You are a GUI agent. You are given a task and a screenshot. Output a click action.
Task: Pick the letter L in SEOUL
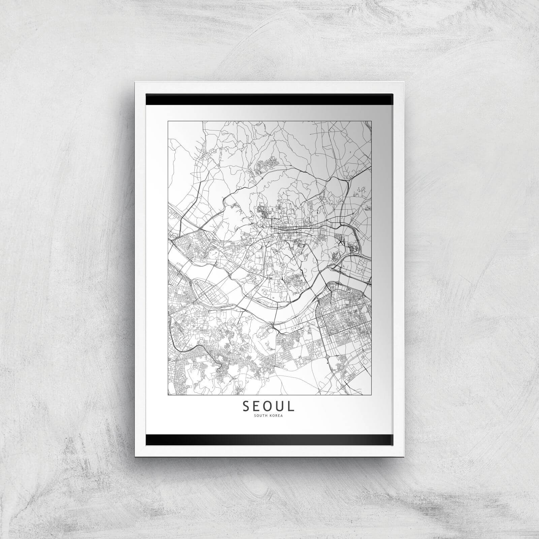pos(291,406)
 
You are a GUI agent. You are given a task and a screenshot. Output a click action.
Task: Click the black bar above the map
pos(269,100)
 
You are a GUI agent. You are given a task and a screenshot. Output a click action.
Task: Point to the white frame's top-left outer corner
pos(135,82)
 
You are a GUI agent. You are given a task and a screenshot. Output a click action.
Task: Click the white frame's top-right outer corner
pos(404,82)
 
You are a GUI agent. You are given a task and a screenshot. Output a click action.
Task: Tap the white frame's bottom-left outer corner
pos(135,456)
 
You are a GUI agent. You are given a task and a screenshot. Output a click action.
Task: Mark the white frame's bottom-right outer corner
pos(404,456)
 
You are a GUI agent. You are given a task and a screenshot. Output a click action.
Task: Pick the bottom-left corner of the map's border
pos(168,394)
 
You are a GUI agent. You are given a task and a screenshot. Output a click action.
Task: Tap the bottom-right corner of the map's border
pos(371,394)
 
